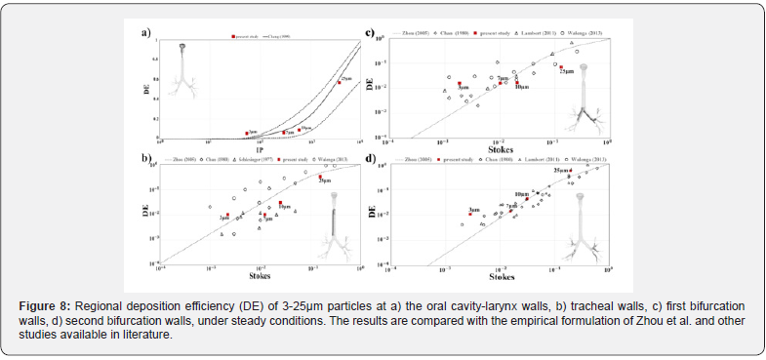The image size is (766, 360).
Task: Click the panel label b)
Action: (145, 157)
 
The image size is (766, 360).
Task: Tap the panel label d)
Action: (369, 159)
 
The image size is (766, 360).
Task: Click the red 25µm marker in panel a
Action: (339, 82)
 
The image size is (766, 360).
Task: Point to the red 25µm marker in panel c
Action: (561, 67)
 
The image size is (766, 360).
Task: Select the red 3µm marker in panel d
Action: (470, 214)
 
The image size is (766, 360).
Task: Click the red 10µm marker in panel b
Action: (280, 202)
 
